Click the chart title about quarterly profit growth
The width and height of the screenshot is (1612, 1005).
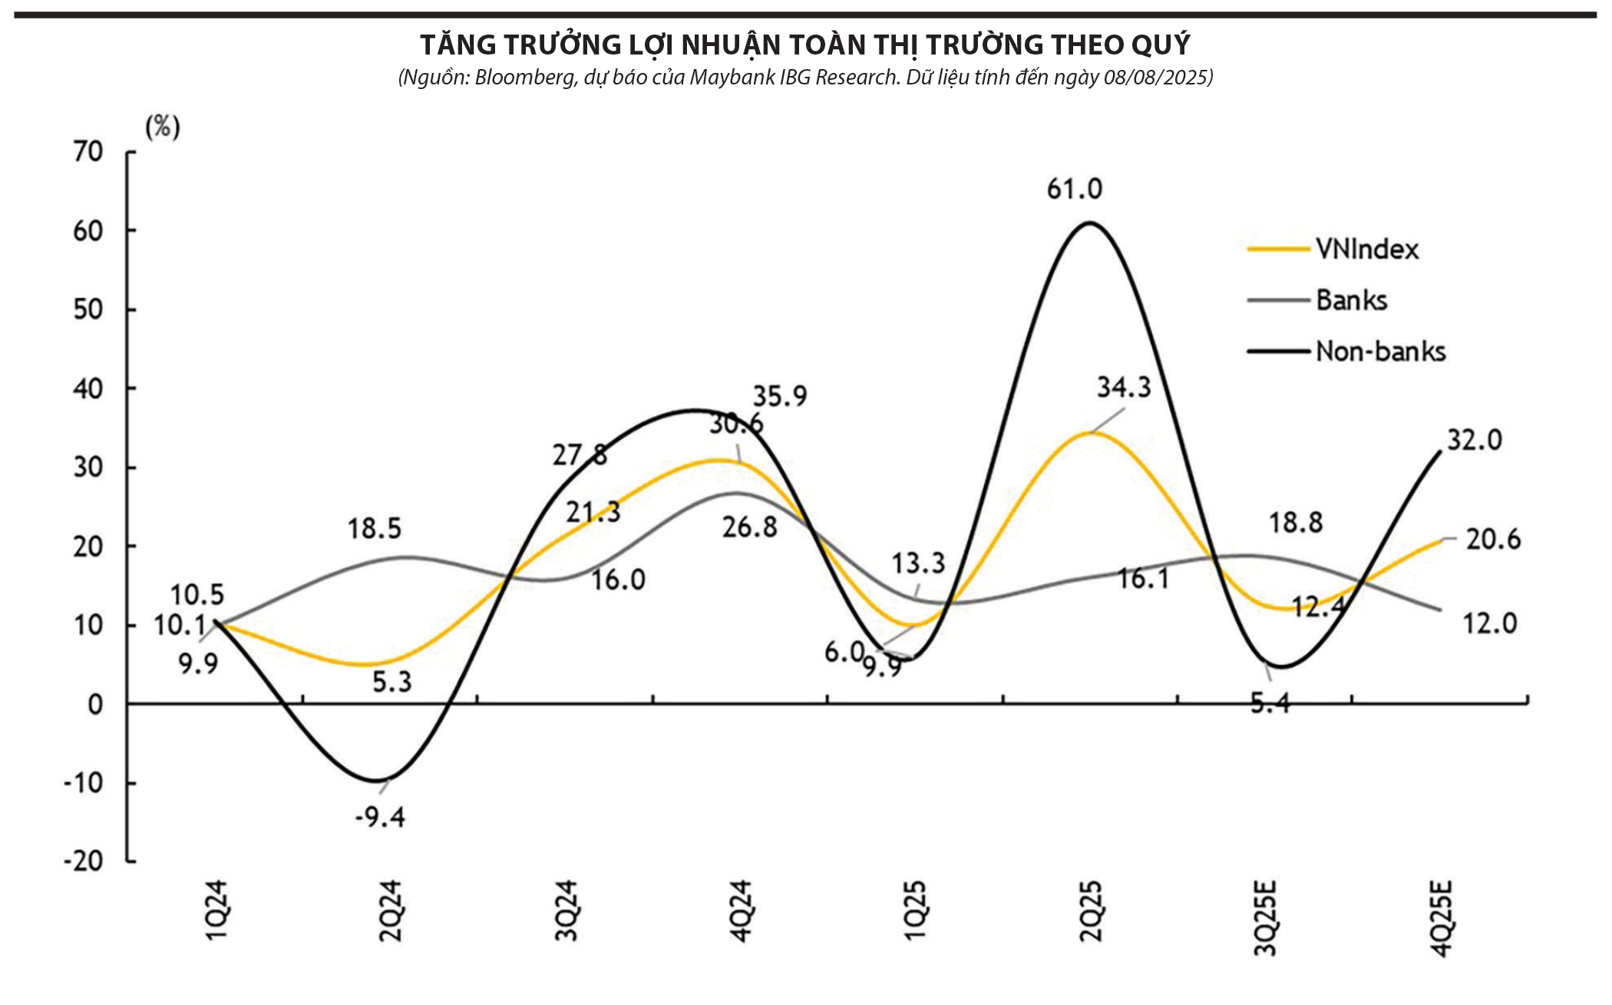pyautogui.click(x=804, y=45)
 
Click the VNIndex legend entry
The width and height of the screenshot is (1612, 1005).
pyautogui.click(x=1366, y=250)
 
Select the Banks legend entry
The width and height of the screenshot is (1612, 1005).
pyautogui.click(x=1351, y=300)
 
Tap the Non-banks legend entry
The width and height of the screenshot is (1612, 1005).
pyautogui.click(x=1380, y=352)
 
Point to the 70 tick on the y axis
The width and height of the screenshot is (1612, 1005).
pyautogui.click(x=88, y=152)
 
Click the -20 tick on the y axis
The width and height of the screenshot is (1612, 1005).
pyautogui.click(x=84, y=861)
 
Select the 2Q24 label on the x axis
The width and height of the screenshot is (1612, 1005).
pyautogui.click(x=391, y=911)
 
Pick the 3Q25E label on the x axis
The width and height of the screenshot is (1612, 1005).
pyautogui.click(x=1265, y=918)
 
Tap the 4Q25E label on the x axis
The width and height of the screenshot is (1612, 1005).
pyautogui.click(x=1442, y=918)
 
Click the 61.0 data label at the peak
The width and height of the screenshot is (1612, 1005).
pyautogui.click(x=1074, y=189)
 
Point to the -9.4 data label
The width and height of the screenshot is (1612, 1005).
pyautogui.click(x=380, y=817)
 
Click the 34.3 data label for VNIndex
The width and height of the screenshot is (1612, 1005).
pyautogui.click(x=1124, y=388)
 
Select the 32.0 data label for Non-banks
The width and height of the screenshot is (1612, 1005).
pyautogui.click(x=1474, y=441)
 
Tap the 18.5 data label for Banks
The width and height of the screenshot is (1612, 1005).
pyautogui.click(x=375, y=529)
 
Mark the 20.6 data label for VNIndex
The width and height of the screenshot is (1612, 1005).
pyautogui.click(x=1493, y=540)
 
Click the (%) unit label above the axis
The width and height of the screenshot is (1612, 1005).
pyautogui.click(x=163, y=127)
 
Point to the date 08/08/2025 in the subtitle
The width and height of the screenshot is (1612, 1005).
pyautogui.click(x=1158, y=78)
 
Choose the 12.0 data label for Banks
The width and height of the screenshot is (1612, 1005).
pyautogui.click(x=1489, y=623)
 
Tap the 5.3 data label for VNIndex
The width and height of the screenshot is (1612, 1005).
pyautogui.click(x=392, y=682)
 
